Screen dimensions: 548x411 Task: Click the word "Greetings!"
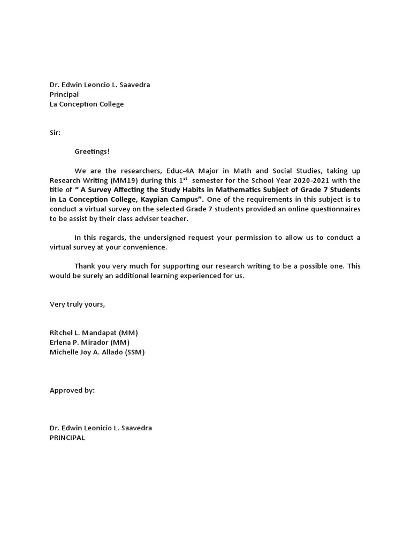point(92,151)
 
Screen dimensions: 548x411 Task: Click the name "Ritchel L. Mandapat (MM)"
point(94,332)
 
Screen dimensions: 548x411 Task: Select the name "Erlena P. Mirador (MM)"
point(89,342)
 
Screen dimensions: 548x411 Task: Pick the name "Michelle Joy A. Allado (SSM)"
point(97,352)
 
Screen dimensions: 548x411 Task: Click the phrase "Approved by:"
point(72,390)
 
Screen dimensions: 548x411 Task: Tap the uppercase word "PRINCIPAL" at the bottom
point(67,438)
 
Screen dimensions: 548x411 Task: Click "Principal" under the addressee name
point(64,94)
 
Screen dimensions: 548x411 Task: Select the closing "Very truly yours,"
point(78,304)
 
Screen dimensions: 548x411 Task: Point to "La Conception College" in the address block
point(87,104)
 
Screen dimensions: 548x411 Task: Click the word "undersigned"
point(155,237)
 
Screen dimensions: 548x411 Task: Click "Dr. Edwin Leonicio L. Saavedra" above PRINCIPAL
point(101,428)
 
